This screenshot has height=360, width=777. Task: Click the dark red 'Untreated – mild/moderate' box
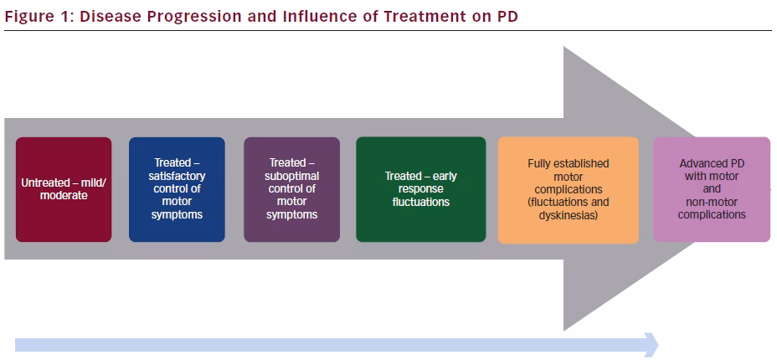(x=64, y=190)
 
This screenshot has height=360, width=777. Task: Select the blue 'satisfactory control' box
(x=177, y=190)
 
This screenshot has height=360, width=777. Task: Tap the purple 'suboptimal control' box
(x=292, y=190)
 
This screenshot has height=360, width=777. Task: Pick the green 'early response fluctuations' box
(x=420, y=190)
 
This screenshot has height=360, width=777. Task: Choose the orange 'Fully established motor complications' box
(x=569, y=190)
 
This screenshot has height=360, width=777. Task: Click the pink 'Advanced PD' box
(x=712, y=190)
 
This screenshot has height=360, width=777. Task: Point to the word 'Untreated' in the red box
(x=42, y=183)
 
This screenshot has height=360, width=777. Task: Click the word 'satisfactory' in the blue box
(x=177, y=177)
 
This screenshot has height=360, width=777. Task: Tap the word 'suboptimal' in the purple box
(x=292, y=177)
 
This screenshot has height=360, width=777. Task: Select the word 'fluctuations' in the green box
(x=420, y=202)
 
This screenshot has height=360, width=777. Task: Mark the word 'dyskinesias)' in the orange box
(x=569, y=216)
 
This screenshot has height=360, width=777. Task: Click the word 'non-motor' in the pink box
(x=712, y=202)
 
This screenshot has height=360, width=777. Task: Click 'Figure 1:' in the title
(x=39, y=16)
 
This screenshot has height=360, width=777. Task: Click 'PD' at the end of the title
(x=507, y=16)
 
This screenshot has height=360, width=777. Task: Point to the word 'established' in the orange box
(x=583, y=163)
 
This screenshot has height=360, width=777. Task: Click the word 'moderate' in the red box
(x=64, y=196)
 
